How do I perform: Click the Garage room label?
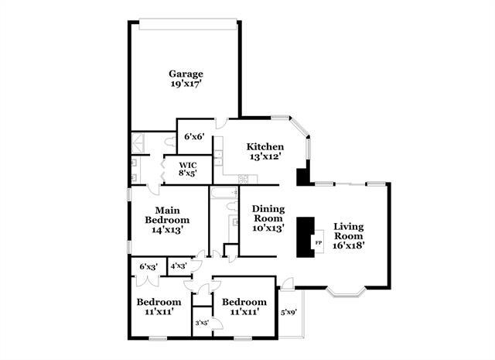tap(186, 74)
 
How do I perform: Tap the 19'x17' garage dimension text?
tap(186, 84)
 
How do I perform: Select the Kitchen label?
tap(265, 147)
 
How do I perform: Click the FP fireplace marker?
tap(318, 242)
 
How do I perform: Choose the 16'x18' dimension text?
tap(348, 245)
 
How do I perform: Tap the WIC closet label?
tap(188, 165)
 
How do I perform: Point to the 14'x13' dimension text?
tap(168, 229)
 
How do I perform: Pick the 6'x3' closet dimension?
tap(148, 267)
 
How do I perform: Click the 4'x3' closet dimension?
tap(179, 266)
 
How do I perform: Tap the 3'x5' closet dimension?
tap(203, 323)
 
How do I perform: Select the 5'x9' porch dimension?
tap(288, 313)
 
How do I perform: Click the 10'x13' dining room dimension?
tap(268, 228)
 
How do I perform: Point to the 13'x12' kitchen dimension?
tap(265, 156)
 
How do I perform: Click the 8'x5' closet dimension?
tap(188, 173)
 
